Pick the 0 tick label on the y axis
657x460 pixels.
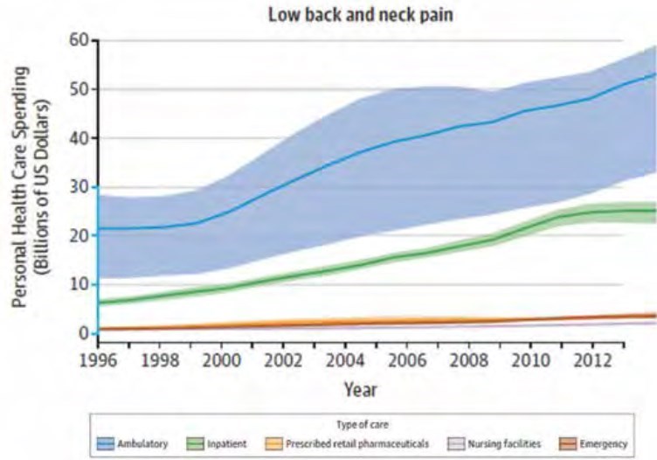pos(83,333)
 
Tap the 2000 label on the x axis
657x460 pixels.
pos(223,359)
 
